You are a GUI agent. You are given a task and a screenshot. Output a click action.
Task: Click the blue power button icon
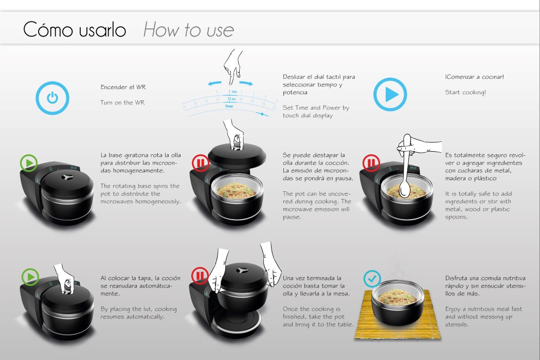tap(52, 98)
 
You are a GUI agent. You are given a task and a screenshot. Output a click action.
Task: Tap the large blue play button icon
tap(390, 95)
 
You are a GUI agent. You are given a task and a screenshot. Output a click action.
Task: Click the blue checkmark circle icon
tap(372, 278)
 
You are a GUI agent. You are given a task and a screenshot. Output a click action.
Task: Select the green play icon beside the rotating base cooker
tap(29, 164)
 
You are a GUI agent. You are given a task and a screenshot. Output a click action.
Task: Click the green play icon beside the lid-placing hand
tap(30, 277)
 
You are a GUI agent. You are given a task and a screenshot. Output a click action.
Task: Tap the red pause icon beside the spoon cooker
tap(371, 163)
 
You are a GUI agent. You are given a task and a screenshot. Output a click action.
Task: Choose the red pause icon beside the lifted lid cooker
tap(200, 163)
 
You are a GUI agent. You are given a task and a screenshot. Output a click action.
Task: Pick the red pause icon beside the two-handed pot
tap(200, 276)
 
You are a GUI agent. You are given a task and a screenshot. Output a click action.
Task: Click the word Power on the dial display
tap(230, 106)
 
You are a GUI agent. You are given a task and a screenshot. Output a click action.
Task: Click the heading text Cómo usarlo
tap(75, 30)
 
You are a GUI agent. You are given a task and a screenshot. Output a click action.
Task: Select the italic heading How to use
tap(188, 30)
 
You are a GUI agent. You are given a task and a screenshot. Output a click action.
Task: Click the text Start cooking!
tap(465, 93)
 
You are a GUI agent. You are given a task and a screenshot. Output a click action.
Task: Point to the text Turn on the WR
tap(122, 102)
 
